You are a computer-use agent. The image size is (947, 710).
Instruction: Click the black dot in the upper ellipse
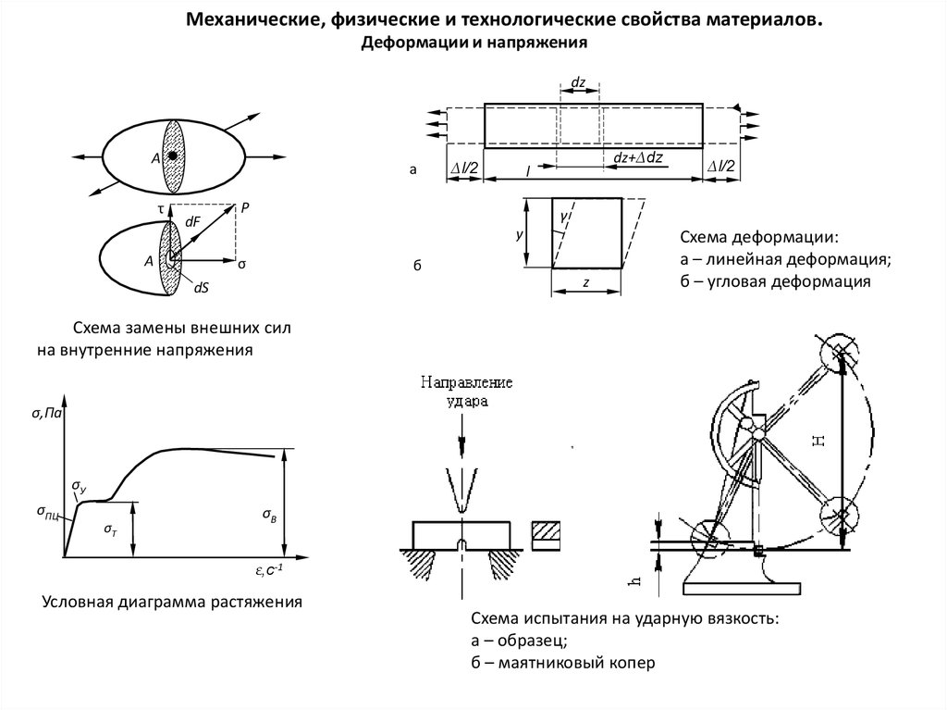172,156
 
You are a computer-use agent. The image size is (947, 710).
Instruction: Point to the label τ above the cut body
161,210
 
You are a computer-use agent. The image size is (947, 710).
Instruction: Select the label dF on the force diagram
192,222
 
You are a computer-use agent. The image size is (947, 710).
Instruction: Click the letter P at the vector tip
245,208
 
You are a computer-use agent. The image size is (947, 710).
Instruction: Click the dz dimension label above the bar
579,83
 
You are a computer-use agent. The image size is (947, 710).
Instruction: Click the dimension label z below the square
585,282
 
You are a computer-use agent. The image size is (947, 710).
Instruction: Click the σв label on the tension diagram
268,514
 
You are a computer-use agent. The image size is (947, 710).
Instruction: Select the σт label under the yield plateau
110,529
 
